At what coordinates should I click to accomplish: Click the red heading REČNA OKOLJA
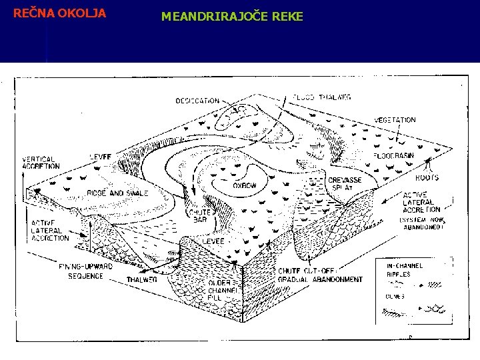[59, 13]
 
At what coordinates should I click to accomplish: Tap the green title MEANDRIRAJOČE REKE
[232, 15]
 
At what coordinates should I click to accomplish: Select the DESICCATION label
[197, 101]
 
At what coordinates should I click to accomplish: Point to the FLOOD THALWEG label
[322, 97]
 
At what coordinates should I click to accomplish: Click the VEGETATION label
[395, 120]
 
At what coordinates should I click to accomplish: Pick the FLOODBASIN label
[393, 155]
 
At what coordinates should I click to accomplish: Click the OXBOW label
[245, 186]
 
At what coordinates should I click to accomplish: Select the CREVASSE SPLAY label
[345, 184]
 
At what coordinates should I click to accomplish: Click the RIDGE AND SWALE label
[117, 193]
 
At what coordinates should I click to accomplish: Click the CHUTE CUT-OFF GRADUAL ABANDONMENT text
[320, 275]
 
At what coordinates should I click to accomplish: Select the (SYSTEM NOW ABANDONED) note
[422, 222]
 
